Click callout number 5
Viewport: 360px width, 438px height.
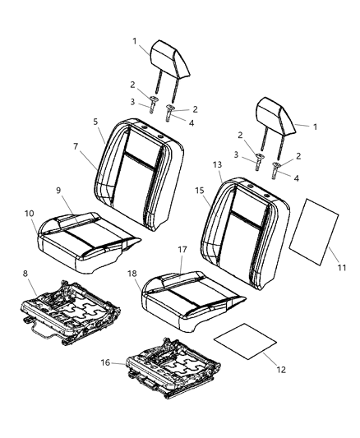tap(95, 122)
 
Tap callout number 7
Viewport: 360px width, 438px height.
tap(76, 146)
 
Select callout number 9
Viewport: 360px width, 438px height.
tap(58, 190)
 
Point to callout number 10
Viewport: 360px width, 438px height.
tap(30, 214)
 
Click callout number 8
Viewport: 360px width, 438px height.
tap(25, 274)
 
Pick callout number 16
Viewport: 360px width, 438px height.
tap(105, 362)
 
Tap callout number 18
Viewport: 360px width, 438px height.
tap(132, 274)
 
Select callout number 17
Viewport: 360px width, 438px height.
tap(182, 250)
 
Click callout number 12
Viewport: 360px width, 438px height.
tap(281, 370)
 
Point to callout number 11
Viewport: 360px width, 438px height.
tap(342, 267)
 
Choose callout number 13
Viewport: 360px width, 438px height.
tap(217, 164)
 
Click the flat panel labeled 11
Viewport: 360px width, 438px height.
tap(314, 232)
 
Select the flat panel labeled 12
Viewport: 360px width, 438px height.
tap(245, 341)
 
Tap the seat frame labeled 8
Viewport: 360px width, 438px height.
tap(71, 311)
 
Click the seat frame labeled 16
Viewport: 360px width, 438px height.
tap(173, 368)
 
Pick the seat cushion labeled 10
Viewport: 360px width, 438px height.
tap(88, 242)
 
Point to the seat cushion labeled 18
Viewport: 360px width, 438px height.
tap(192, 301)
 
